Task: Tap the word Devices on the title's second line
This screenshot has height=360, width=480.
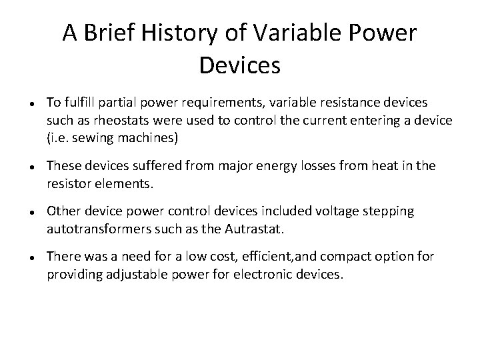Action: click(239, 65)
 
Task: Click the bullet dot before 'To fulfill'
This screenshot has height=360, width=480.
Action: click(23, 104)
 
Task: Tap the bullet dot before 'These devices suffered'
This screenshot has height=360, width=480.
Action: click(23, 165)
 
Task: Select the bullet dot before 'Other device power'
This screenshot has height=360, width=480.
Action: click(23, 212)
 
